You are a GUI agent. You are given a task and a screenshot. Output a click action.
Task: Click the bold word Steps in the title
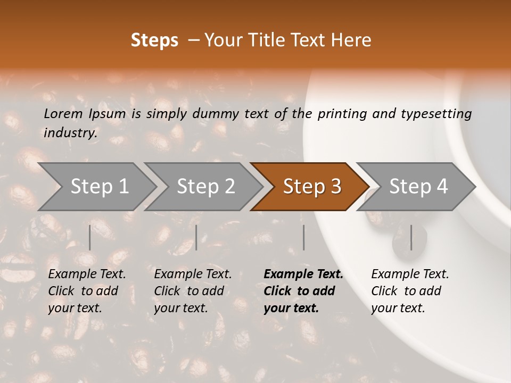click(x=154, y=40)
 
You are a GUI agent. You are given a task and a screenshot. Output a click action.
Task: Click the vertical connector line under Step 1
click(x=90, y=237)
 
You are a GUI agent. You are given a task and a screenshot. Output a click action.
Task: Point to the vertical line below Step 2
click(x=196, y=237)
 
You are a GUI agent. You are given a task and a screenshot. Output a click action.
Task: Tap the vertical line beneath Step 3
click(x=304, y=237)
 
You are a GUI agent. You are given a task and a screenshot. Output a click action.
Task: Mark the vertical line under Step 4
click(x=411, y=237)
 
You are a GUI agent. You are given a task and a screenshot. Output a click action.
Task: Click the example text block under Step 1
click(x=87, y=291)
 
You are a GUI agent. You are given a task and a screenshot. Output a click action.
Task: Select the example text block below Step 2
click(x=193, y=291)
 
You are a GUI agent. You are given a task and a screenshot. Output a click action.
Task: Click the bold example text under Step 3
click(x=303, y=291)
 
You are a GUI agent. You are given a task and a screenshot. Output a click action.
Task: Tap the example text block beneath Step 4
click(x=410, y=291)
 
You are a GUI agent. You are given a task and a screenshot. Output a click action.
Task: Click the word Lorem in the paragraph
click(x=63, y=114)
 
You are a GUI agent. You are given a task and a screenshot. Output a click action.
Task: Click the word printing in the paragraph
click(x=342, y=114)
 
